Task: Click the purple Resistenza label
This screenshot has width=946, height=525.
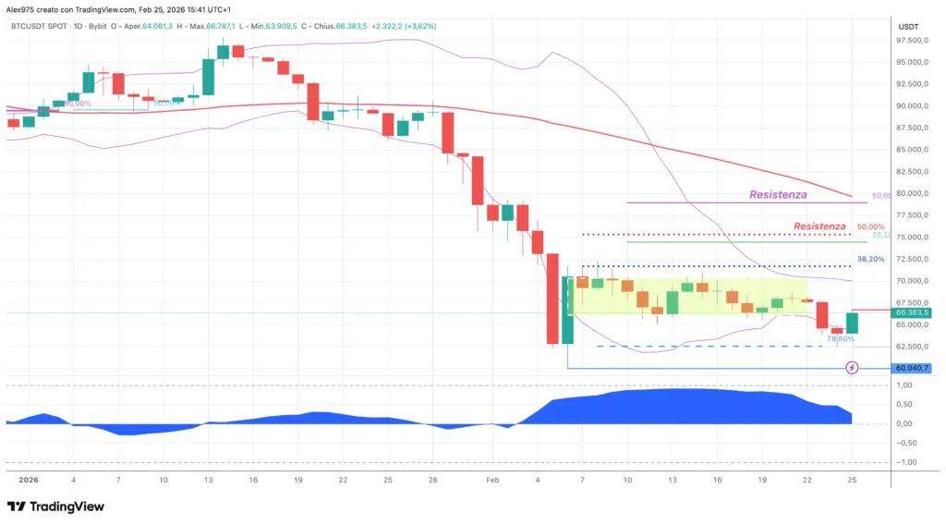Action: [x=778, y=195]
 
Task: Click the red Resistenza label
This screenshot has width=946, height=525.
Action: [x=819, y=226]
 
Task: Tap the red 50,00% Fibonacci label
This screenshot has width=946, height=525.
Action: [x=870, y=226]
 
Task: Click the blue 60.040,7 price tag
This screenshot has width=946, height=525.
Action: [x=911, y=368]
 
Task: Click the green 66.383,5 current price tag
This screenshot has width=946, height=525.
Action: [x=911, y=312]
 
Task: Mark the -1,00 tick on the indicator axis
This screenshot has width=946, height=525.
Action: [x=908, y=462]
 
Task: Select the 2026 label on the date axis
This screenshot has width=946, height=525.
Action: [x=28, y=481]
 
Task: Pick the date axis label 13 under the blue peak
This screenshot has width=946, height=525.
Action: [x=673, y=481]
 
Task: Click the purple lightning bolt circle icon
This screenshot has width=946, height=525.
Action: [x=853, y=368]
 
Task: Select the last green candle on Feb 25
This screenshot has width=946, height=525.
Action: [x=852, y=323]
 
